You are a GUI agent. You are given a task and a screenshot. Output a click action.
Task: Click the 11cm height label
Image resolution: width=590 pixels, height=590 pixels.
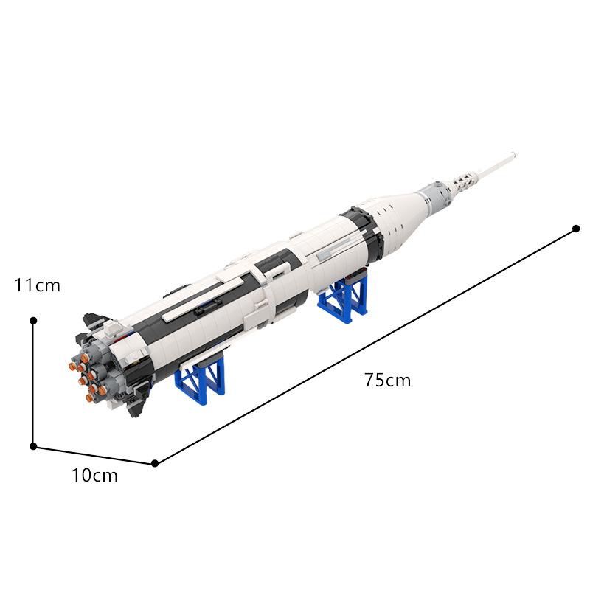point(37,284)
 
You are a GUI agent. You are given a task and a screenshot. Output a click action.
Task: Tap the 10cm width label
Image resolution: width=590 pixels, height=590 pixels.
point(94,476)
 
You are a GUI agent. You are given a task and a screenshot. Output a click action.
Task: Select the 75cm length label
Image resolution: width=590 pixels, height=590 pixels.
point(386,381)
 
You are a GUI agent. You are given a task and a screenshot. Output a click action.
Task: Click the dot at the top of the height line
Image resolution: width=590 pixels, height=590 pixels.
point(33,321)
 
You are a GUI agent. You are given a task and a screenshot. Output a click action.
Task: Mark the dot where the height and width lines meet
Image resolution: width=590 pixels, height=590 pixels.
point(33,445)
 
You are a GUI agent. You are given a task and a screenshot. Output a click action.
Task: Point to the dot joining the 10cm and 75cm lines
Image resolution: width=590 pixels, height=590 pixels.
point(155,463)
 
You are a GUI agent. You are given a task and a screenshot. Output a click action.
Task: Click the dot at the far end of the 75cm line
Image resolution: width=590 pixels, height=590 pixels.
point(576,229)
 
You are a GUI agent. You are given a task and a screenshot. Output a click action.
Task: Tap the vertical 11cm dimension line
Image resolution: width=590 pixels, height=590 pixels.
point(33,383)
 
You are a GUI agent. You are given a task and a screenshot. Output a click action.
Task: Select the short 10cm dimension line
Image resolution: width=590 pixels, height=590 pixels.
point(94,454)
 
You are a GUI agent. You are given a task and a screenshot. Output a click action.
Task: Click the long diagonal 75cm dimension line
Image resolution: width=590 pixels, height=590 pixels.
point(365,346)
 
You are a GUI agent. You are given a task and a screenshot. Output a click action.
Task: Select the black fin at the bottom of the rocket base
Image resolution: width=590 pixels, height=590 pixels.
point(135,403)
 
